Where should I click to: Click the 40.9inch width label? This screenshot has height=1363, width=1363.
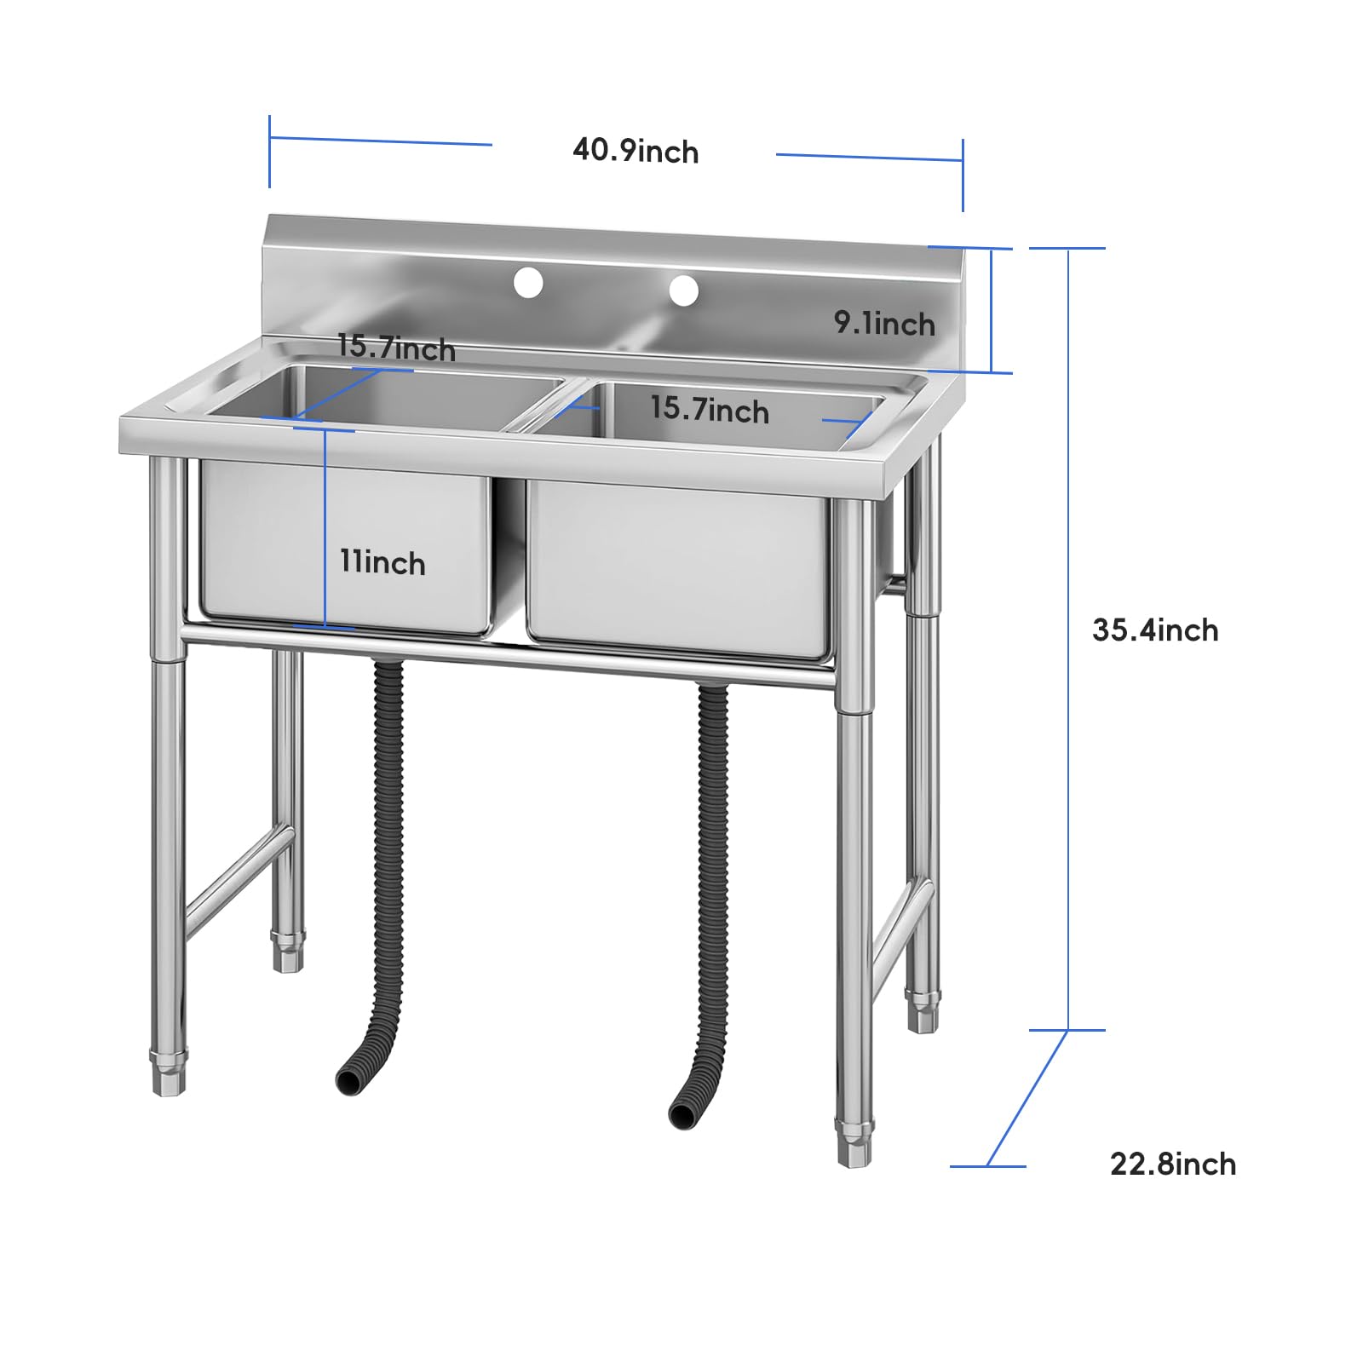635,151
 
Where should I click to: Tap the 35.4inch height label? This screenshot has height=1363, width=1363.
1155,630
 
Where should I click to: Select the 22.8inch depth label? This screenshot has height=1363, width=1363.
1173,1164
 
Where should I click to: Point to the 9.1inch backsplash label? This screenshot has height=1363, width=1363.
884,323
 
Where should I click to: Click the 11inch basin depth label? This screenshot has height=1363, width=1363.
382,562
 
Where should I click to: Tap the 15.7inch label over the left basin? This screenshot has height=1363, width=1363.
396,348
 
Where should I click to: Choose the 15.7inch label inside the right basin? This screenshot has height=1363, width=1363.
710,409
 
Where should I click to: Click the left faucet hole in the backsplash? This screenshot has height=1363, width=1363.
528,282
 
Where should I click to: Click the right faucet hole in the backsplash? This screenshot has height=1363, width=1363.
683,290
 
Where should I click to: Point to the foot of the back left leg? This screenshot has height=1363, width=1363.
288,951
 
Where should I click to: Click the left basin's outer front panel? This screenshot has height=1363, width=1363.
345,545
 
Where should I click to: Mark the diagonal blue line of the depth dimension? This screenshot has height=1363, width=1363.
1027,1098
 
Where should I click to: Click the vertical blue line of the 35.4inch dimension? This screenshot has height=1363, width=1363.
1068,639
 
